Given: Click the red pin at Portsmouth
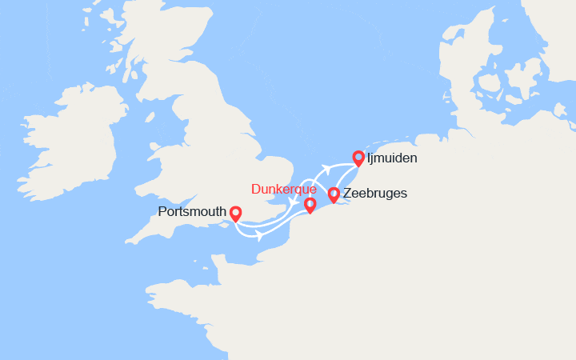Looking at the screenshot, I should click(x=235, y=214).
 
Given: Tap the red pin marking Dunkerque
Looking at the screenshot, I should click(x=310, y=205).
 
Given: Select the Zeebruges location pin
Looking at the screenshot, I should click(x=334, y=194).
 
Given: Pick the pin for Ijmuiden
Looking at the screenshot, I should click(x=358, y=158).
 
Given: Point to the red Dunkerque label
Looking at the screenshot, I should click(x=283, y=190).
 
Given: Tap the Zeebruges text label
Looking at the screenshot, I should click(x=375, y=194).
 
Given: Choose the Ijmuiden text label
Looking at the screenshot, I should click(x=392, y=158).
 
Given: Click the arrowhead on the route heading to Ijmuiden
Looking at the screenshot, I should click(x=326, y=168).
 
